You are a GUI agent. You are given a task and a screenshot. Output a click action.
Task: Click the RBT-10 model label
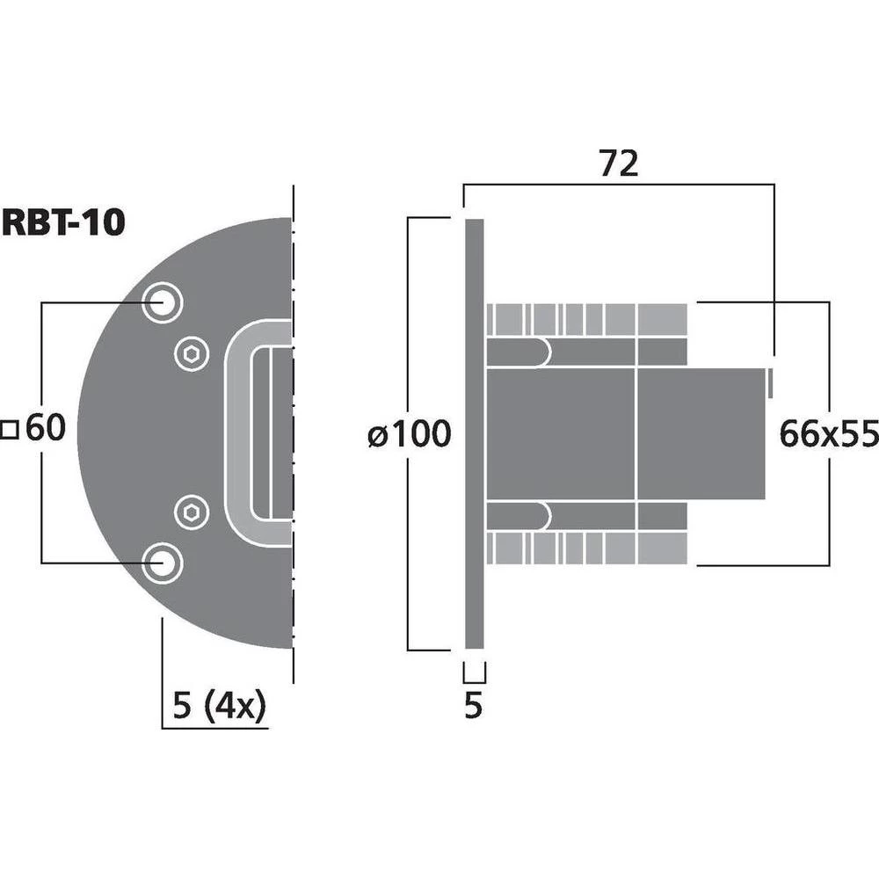tap(63, 222)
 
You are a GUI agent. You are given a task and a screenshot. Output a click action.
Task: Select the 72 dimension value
tap(618, 163)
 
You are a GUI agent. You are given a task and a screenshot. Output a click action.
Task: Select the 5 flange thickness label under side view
tap(473, 707)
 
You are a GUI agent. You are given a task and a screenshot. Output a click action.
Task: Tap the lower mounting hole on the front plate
tap(163, 563)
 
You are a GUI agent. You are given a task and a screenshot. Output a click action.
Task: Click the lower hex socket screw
tap(191, 511)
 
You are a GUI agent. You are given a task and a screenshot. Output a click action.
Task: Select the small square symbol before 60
tap(11, 430)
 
